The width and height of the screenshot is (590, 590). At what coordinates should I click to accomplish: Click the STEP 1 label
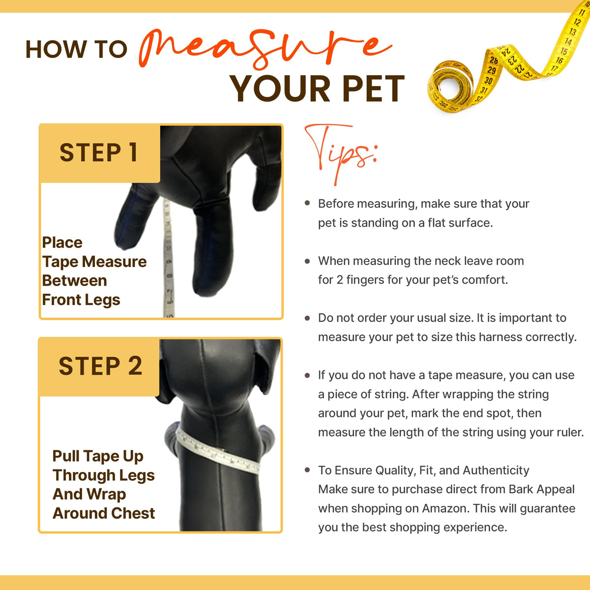pyautogui.click(x=99, y=152)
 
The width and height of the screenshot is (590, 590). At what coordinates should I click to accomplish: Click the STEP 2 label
pyautogui.click(x=100, y=366)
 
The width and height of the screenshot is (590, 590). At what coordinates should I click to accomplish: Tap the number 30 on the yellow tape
pyautogui.click(x=488, y=81)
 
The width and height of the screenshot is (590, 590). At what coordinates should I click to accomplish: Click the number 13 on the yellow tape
pyautogui.click(x=573, y=31)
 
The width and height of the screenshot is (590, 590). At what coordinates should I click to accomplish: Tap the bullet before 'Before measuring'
pyautogui.click(x=307, y=203)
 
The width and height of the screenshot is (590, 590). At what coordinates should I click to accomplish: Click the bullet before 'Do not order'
pyautogui.click(x=307, y=318)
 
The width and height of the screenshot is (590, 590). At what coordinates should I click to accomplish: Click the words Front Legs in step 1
pyautogui.click(x=81, y=300)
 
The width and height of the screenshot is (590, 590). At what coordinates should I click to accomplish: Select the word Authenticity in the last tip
pyautogui.click(x=496, y=471)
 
